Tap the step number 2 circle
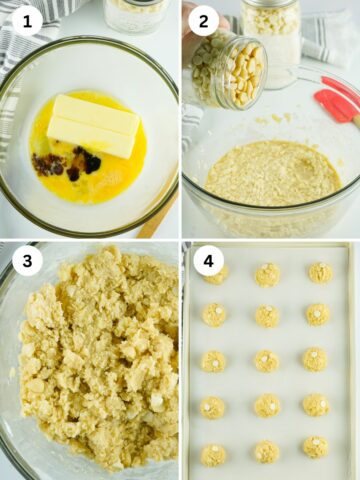click(203, 20)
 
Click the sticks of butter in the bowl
click(95, 125)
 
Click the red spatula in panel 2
click(337, 101)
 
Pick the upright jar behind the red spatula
click(273, 35)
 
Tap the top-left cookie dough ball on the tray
click(217, 274)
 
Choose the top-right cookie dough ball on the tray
click(319, 273)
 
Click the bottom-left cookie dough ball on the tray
click(213, 455)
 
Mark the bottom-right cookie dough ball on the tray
click(315, 447)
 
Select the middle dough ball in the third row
click(266, 361)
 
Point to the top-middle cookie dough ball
click(267, 275)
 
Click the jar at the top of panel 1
click(135, 15)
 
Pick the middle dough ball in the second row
click(266, 316)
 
